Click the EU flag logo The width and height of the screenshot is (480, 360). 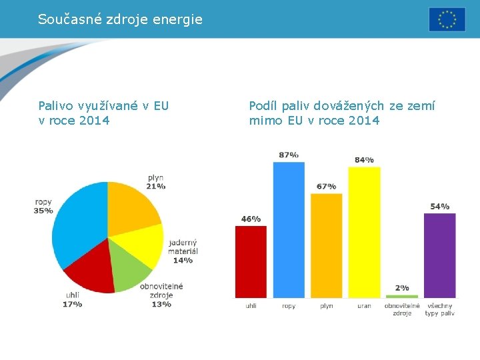[447, 19]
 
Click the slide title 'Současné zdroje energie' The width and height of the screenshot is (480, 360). [120, 19]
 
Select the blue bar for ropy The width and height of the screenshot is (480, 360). [289, 230]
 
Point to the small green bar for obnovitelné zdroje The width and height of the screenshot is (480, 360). [402, 296]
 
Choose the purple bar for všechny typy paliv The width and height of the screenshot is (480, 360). [439, 255]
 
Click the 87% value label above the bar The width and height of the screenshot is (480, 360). [289, 155]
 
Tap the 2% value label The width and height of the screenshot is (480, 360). [402, 287]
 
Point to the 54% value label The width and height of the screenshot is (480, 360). [439, 206]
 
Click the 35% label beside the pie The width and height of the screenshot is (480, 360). [43, 211]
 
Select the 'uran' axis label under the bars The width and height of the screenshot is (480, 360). [364, 306]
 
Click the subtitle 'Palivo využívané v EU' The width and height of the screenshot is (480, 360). [103, 105]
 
